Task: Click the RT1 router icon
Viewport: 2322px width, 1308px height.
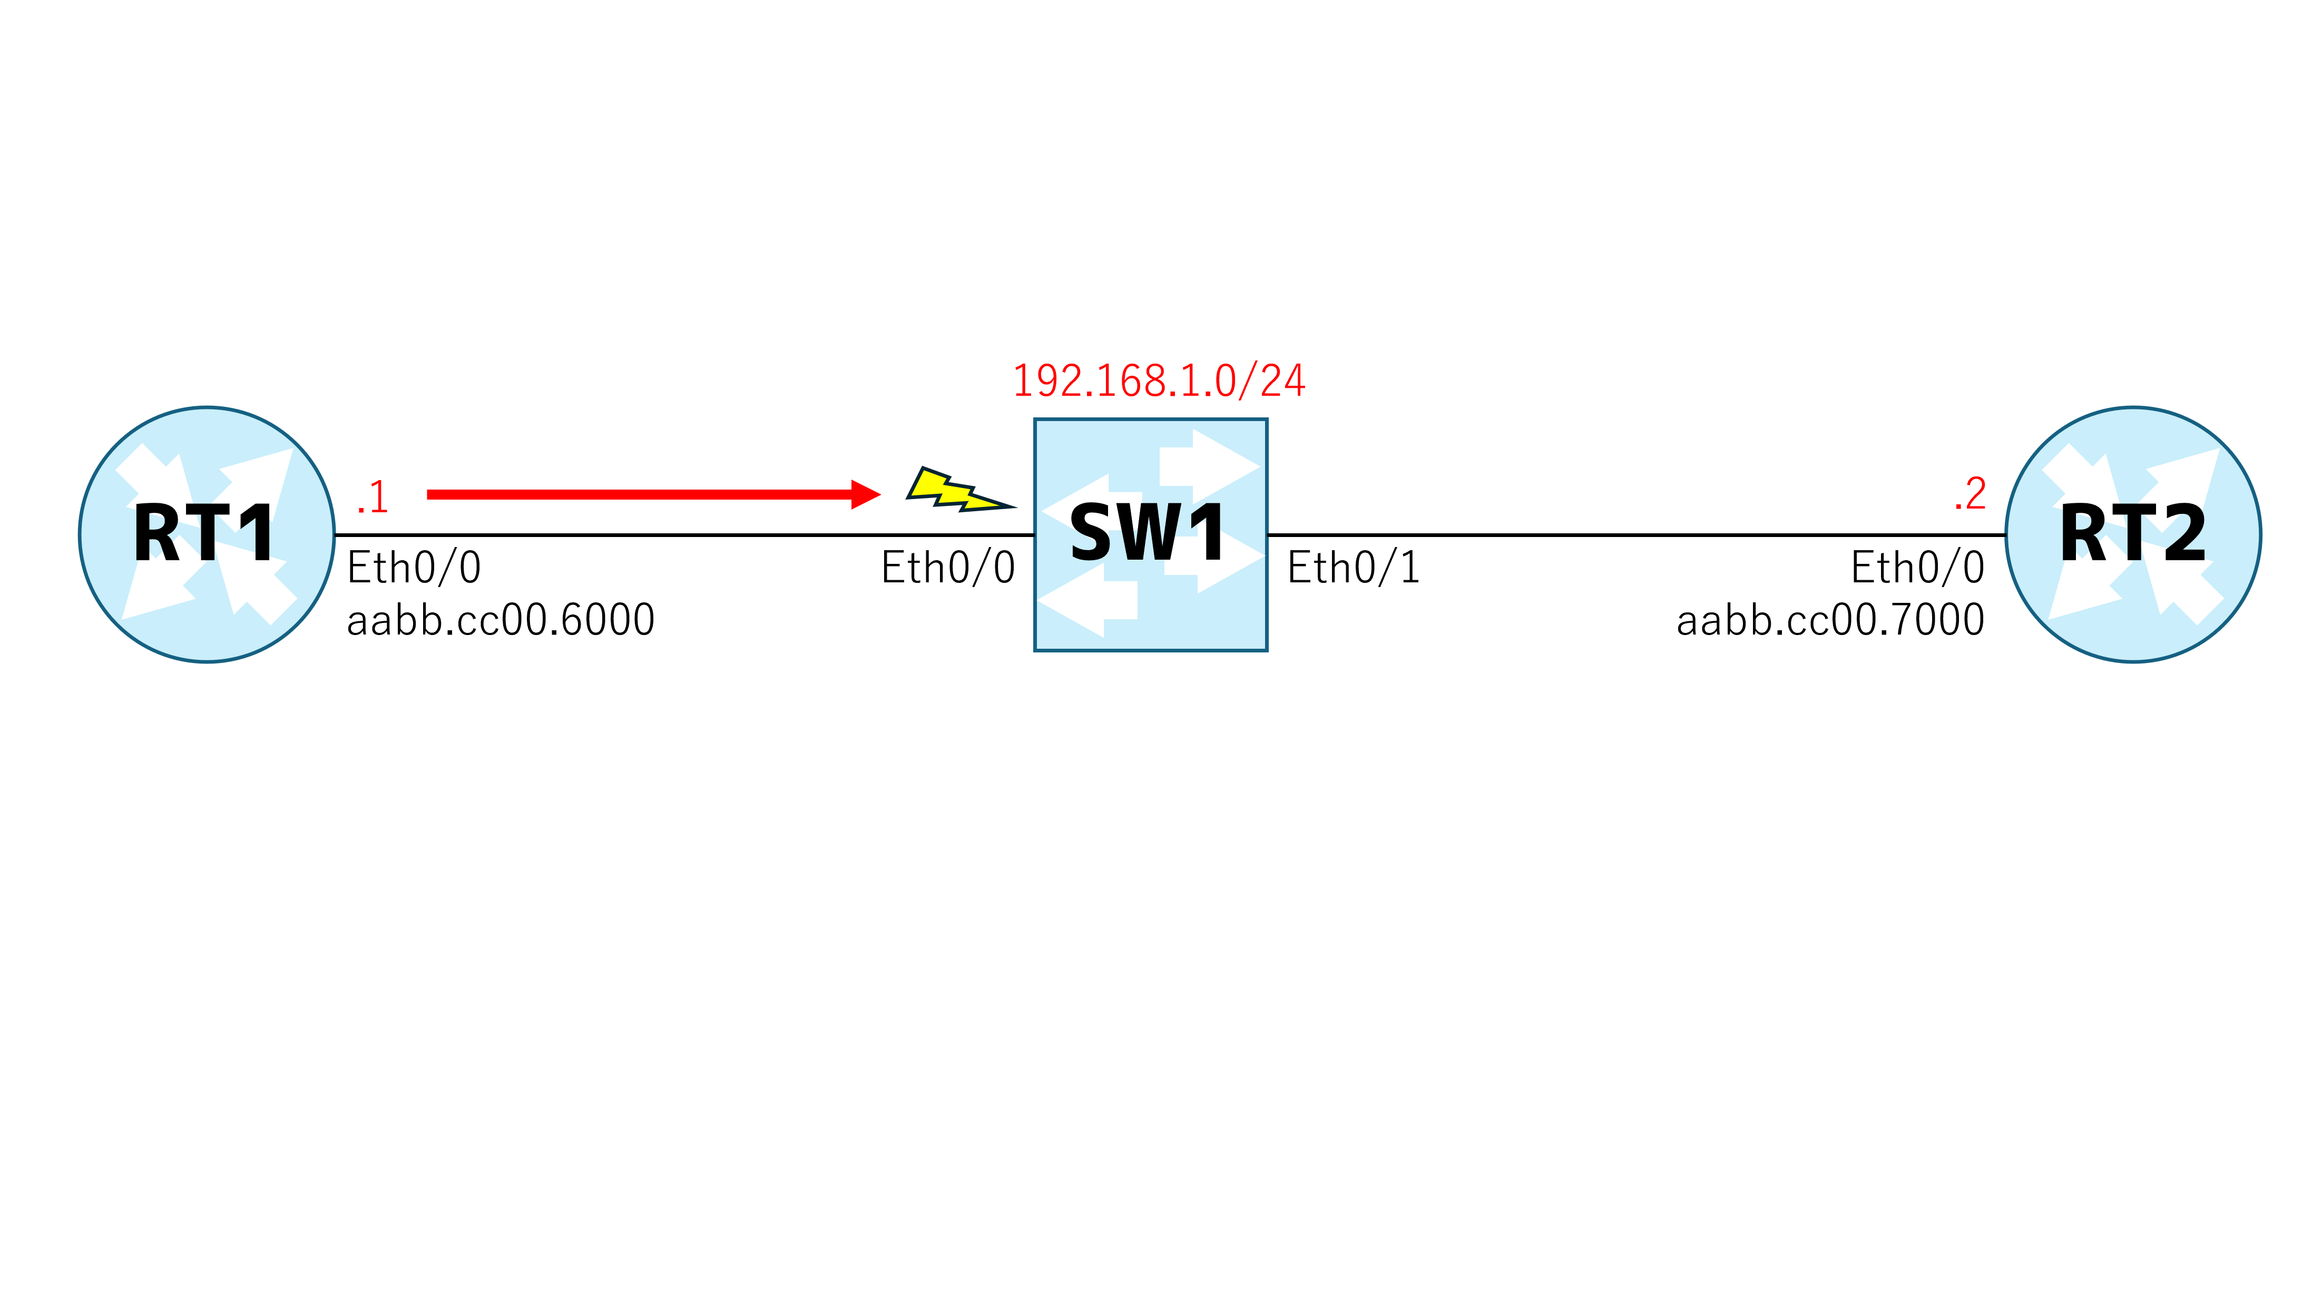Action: tap(207, 534)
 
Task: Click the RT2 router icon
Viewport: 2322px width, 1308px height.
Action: tap(2133, 534)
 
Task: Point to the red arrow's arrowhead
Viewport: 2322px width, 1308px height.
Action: tap(865, 494)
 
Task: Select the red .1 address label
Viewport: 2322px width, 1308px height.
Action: tap(373, 497)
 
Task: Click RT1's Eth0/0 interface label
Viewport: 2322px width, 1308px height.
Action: tap(414, 568)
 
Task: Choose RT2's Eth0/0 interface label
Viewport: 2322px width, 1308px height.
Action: tap(1917, 568)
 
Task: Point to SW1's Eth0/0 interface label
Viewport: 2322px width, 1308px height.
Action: tap(948, 568)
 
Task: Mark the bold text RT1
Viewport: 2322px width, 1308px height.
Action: tap(204, 534)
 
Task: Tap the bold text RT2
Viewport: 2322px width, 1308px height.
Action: tap(2133, 534)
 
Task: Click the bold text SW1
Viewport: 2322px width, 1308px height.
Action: tap(1148, 534)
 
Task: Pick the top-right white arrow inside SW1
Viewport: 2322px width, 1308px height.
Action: tap(1209, 466)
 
